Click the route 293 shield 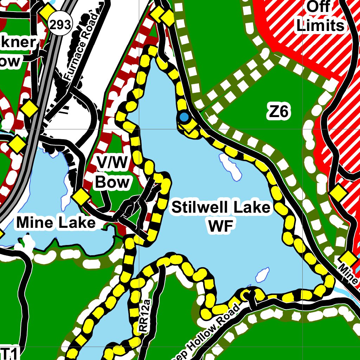tap(60, 25)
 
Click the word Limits tap(320, 25)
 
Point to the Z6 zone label tap(278, 112)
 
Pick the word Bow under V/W tap(112, 182)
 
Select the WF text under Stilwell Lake tap(221, 227)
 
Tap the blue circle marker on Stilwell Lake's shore tap(184, 117)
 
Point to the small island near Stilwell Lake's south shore tap(262, 275)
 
